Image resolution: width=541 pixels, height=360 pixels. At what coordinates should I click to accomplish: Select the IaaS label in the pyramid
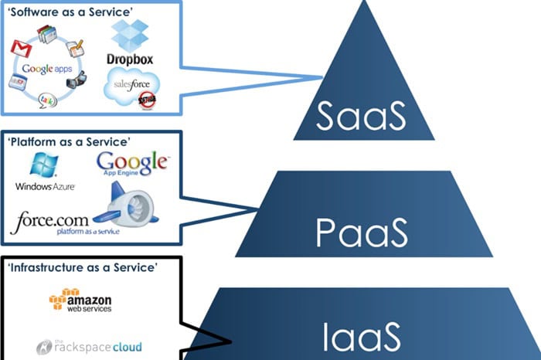click(362, 337)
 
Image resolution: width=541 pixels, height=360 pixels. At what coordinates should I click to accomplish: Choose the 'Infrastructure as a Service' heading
click(82, 267)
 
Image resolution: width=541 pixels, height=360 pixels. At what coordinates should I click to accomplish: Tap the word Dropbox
click(129, 59)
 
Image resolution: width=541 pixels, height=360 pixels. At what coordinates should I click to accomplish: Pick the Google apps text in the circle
click(48, 69)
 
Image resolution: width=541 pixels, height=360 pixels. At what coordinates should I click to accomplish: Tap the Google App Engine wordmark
click(131, 165)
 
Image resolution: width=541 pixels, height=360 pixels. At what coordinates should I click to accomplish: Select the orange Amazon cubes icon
click(60, 299)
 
